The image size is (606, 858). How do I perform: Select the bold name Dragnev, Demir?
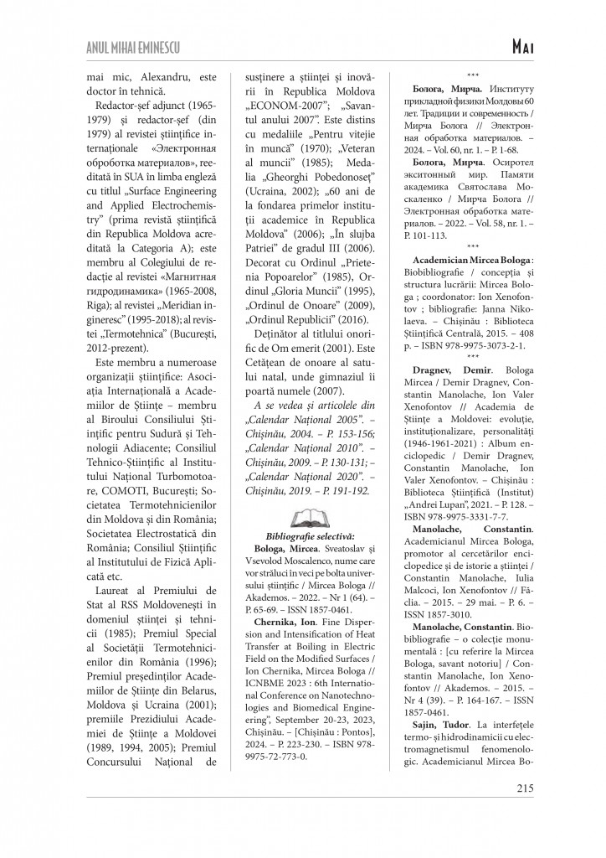coord(448,369)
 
